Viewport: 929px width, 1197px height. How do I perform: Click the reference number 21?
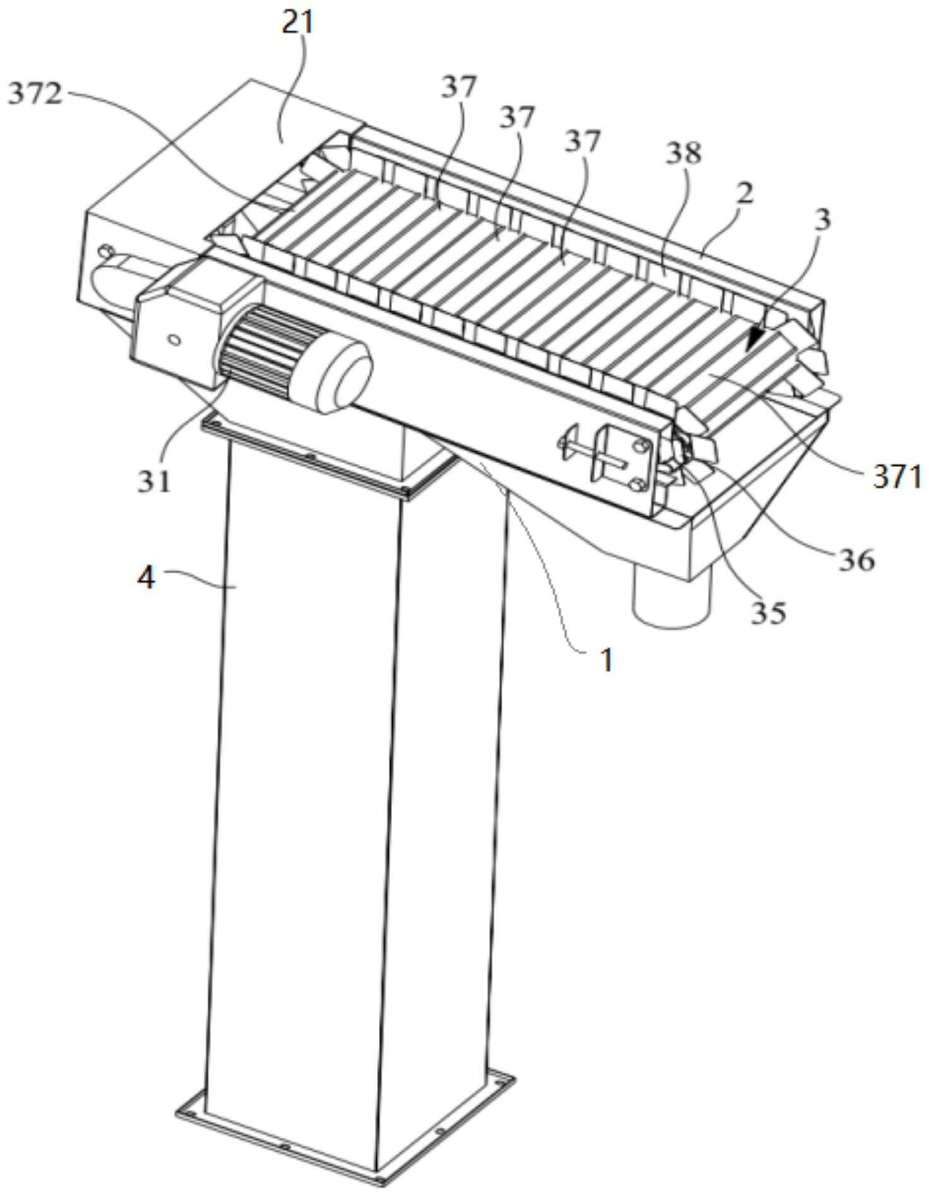298,23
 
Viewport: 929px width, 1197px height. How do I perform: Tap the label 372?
35,95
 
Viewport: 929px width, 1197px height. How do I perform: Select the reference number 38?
684,153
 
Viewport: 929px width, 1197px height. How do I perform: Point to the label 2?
744,194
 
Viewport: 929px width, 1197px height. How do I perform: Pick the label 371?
897,477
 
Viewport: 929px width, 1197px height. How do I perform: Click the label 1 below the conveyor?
606,660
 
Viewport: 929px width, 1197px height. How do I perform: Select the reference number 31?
155,482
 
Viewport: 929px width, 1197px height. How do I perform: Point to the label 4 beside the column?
146,577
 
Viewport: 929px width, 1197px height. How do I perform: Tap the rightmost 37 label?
582,141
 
